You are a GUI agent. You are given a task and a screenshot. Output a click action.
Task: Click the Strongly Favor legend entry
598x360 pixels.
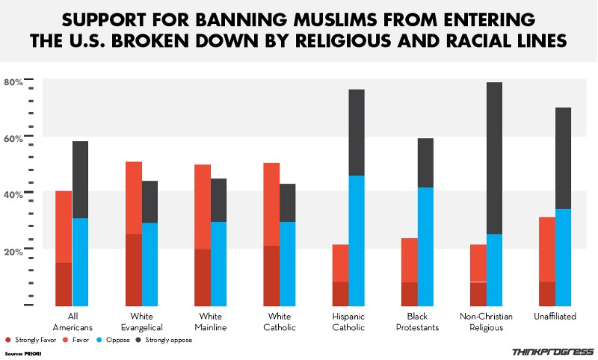[x=29, y=340]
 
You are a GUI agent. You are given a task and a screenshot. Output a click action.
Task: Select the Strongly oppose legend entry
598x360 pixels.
[x=164, y=340]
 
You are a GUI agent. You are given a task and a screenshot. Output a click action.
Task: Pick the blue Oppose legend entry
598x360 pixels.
[x=117, y=340]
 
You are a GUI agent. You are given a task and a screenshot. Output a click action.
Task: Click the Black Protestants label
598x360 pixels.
[x=418, y=322]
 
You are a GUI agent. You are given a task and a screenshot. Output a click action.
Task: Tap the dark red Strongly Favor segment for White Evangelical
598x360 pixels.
[x=133, y=270]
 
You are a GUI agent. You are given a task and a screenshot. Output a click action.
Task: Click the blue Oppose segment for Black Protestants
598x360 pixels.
[x=425, y=246]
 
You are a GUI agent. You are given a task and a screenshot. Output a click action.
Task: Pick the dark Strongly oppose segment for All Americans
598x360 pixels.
[x=80, y=179]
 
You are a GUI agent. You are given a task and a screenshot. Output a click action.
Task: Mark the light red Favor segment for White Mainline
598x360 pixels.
[x=202, y=206]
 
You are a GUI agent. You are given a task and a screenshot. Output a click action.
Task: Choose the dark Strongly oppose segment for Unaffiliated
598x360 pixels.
[x=563, y=158]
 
